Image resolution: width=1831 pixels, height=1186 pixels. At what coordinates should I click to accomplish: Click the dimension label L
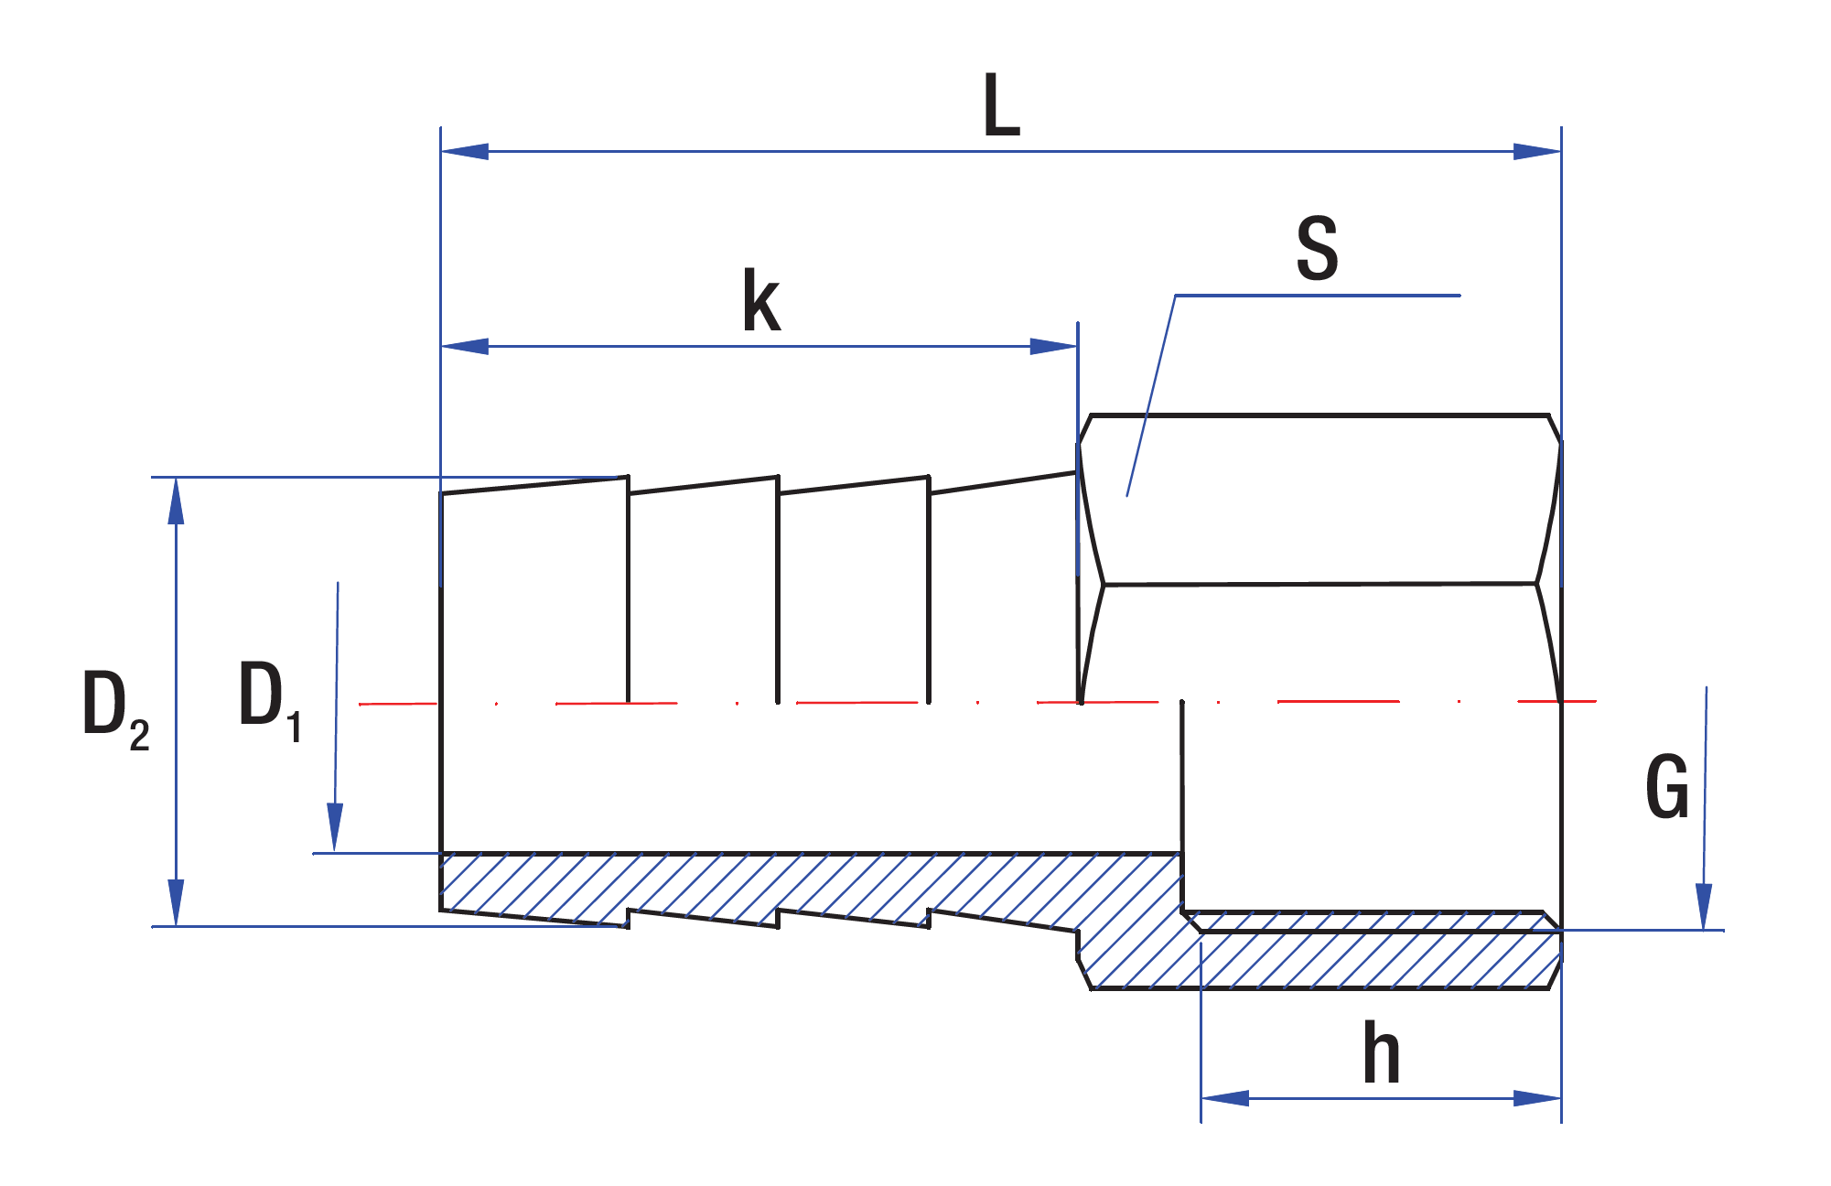[1001, 106]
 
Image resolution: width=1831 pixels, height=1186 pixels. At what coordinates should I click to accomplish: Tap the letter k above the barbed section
[761, 301]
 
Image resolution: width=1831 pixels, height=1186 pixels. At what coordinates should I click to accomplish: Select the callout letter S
[1317, 248]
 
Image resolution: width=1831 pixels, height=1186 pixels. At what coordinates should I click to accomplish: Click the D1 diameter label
[269, 699]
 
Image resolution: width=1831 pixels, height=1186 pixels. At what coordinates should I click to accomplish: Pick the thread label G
[1666, 787]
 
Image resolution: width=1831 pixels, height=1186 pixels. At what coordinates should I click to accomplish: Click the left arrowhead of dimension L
[465, 151]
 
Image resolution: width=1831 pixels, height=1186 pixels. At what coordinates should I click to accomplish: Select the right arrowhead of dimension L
[1537, 151]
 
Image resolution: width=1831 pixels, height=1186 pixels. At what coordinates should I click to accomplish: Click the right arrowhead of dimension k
[1054, 347]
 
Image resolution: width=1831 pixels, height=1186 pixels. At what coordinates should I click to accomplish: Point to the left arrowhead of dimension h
[1224, 1097]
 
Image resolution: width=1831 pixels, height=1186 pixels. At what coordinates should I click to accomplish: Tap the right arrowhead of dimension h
[1537, 1097]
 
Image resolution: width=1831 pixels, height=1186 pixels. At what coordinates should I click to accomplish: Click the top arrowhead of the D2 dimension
[176, 501]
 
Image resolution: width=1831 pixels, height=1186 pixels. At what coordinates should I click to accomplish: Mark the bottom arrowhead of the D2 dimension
[176, 902]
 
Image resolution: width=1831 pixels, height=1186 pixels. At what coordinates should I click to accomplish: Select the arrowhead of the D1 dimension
[335, 827]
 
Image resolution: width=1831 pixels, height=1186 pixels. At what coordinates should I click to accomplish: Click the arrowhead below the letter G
[1704, 906]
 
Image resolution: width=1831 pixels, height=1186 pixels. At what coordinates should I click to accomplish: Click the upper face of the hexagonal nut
[1318, 499]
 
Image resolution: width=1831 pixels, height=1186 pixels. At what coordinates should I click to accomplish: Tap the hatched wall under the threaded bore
[1373, 961]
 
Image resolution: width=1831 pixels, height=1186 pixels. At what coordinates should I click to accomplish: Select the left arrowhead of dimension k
[465, 347]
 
